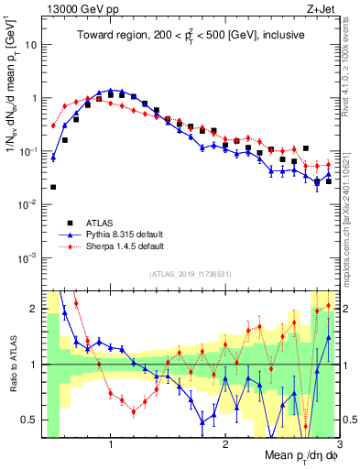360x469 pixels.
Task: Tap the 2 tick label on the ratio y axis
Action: coord(34,309)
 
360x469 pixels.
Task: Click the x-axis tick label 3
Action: coord(338,446)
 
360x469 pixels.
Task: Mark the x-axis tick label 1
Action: coord(111,446)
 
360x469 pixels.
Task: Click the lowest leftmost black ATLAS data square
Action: coord(53,187)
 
